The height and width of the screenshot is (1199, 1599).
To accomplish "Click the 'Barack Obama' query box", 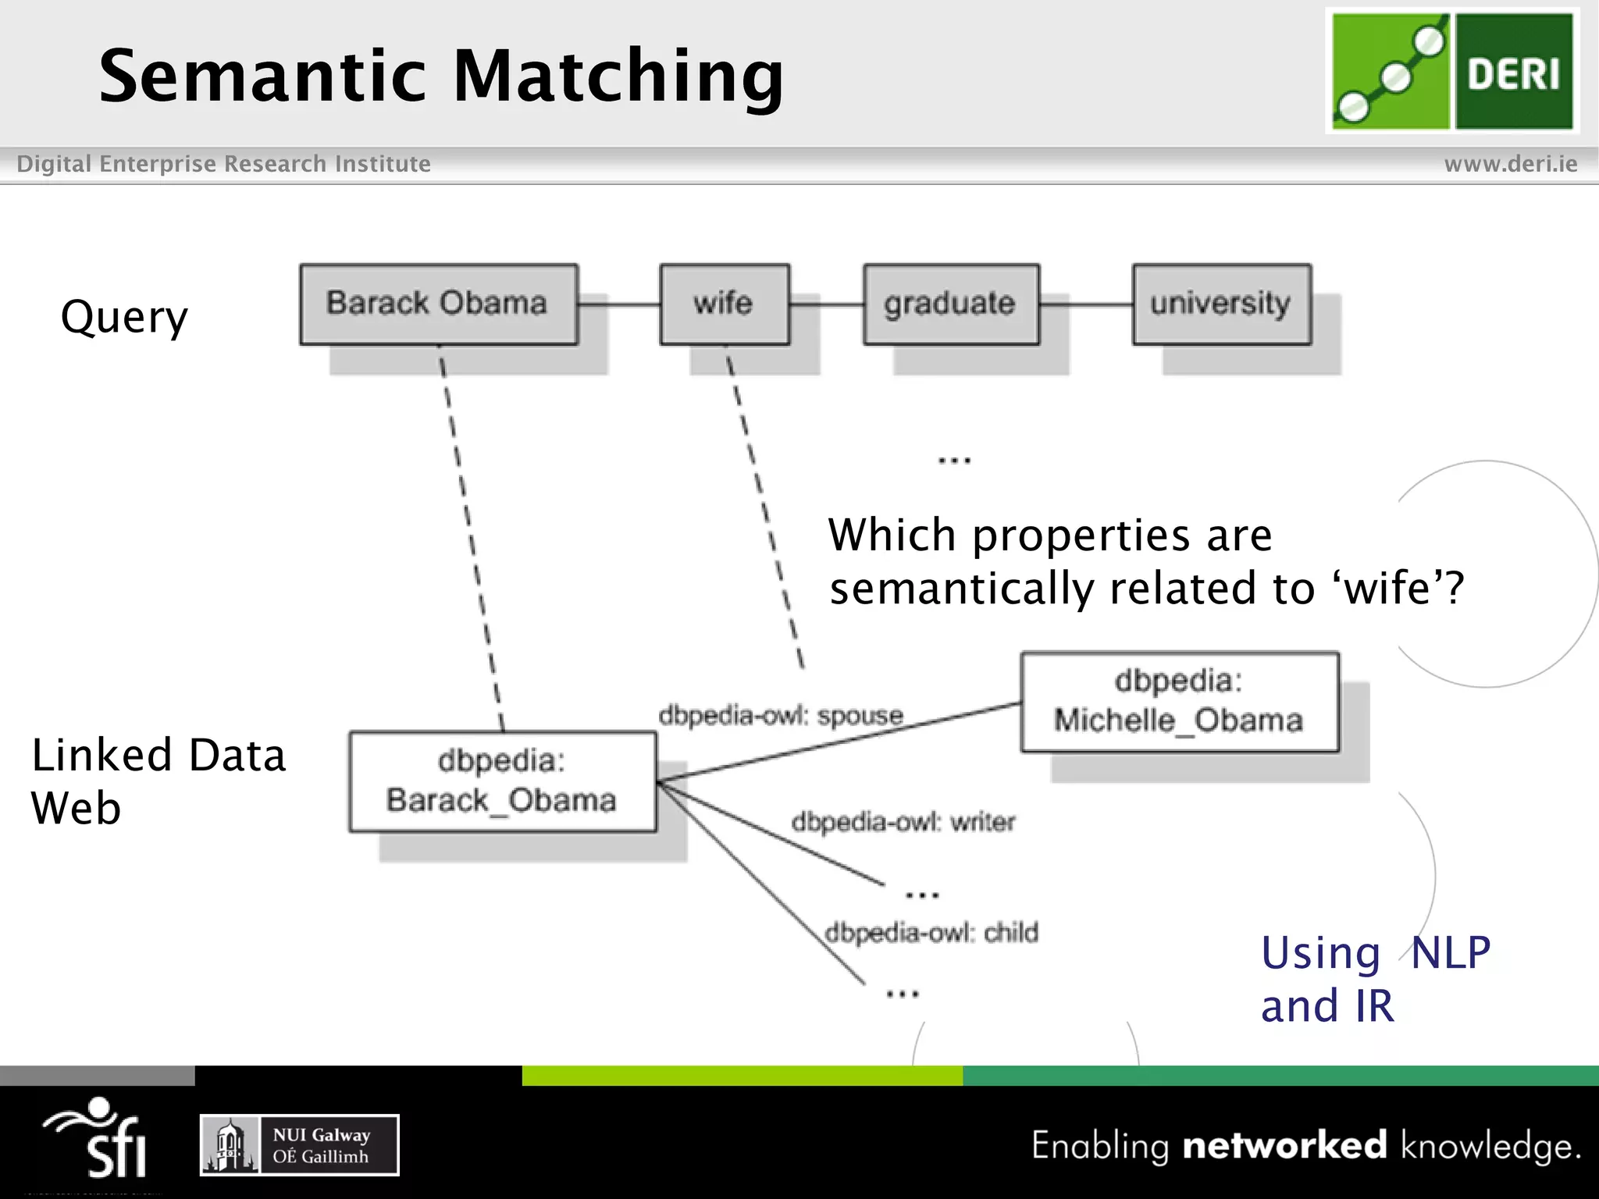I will coord(438,304).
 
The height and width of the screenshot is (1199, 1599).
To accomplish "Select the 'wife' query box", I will coord(724,304).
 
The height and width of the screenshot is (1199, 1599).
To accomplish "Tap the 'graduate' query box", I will coord(950,304).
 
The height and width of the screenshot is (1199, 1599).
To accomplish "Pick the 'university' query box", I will coord(1221,304).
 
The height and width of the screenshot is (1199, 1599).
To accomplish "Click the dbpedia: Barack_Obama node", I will coord(502,781).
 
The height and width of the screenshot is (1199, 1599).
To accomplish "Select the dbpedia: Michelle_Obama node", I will coord(1179,702).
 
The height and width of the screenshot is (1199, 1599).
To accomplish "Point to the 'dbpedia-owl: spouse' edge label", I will coord(780,715).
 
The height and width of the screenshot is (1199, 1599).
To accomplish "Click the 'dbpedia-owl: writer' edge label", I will coord(903,821).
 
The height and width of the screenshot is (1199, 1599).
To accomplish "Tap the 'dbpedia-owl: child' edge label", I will coord(931,932).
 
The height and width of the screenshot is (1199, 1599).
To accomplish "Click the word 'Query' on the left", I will coord(124,318).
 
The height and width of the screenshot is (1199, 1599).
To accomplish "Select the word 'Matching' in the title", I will coord(618,76).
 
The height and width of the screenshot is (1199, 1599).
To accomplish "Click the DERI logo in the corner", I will coord(1451,71).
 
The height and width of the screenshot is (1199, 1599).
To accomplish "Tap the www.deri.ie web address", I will coord(1510,164).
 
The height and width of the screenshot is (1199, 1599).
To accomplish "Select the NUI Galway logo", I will coord(299,1145).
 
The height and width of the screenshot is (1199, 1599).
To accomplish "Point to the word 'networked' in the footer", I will coord(1284,1145).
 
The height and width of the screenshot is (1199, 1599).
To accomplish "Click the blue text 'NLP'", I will coord(1450,953).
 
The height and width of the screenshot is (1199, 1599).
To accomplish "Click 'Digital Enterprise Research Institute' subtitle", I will coord(223,164).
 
